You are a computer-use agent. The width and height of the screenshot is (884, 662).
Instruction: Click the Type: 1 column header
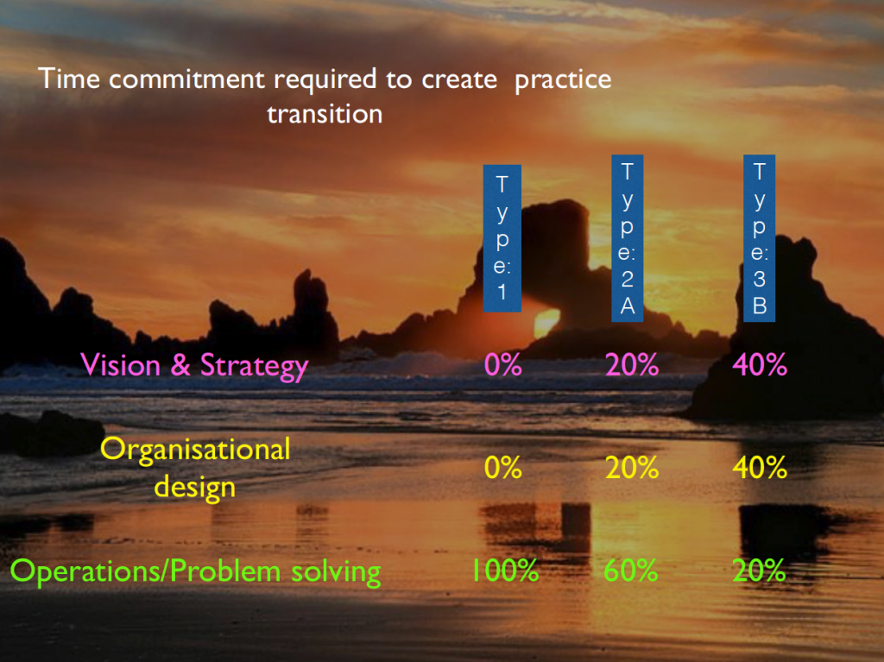click(502, 238)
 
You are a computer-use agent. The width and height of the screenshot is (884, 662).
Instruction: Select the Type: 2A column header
click(628, 238)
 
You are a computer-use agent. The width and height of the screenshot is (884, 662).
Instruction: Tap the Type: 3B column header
click(760, 238)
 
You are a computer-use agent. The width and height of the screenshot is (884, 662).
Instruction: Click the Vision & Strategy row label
click(194, 366)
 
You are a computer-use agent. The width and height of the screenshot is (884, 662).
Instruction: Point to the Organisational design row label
click(195, 468)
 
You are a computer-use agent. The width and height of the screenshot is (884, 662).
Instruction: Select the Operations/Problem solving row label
click(196, 571)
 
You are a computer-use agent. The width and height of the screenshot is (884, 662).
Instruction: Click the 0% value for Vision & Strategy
click(503, 365)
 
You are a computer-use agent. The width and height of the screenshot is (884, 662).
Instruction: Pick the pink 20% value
click(632, 365)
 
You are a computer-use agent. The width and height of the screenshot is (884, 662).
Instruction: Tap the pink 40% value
click(760, 365)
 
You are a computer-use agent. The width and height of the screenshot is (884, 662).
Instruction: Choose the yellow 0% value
click(503, 468)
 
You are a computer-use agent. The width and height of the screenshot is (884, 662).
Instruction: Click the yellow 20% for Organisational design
click(632, 468)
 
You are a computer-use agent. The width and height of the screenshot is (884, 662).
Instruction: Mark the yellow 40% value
click(760, 468)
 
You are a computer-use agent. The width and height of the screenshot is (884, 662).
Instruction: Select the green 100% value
click(505, 571)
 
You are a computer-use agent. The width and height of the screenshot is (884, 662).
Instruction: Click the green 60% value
click(631, 571)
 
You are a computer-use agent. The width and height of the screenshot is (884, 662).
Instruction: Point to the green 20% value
click(759, 571)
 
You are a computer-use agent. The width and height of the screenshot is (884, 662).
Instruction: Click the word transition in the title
click(325, 114)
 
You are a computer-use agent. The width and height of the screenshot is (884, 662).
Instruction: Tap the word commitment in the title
click(186, 79)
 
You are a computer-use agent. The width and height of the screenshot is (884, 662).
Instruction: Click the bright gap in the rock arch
click(546, 324)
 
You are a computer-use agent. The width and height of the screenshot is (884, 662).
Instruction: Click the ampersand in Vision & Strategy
click(180, 365)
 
